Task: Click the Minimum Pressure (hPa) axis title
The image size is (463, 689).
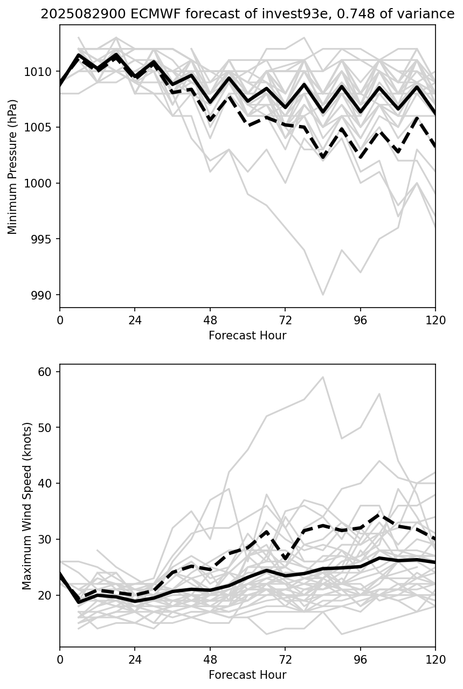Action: click(12, 166)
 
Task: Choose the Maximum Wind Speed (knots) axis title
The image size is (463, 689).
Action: click(27, 506)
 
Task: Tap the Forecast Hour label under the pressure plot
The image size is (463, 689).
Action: click(247, 336)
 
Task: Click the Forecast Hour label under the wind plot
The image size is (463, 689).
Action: click(247, 675)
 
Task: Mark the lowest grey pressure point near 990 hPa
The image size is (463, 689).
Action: click(323, 295)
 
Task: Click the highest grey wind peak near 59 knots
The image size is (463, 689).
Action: click(323, 377)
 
